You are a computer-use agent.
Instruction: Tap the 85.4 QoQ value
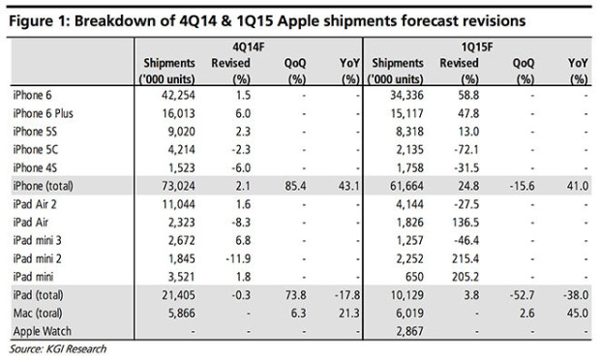[294, 184]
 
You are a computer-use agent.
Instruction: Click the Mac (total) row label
[40, 314]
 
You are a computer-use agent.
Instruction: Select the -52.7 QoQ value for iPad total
[523, 296]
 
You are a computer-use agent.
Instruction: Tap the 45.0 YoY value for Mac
[580, 314]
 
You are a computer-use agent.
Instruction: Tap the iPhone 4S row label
[38, 165]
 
